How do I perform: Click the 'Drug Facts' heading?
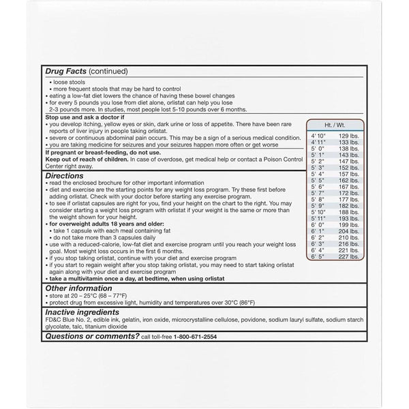[67, 71]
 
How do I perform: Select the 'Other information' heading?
[79, 288]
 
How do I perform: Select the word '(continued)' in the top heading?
[108, 71]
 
